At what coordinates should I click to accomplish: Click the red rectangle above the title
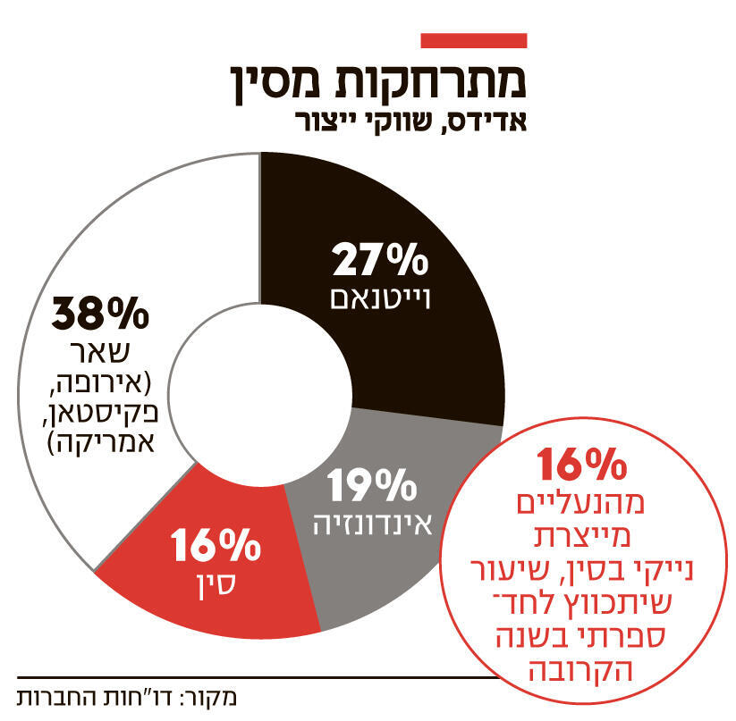tap(473, 41)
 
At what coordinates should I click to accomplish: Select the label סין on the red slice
tap(212, 583)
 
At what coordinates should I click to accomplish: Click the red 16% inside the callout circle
tap(582, 465)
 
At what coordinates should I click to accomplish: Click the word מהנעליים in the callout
tap(582, 505)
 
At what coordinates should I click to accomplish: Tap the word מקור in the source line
tap(217, 697)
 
